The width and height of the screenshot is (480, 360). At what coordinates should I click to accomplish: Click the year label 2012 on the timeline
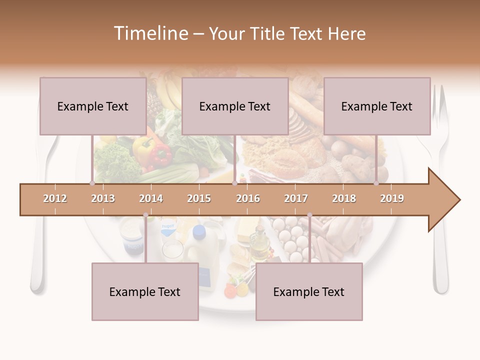[55, 198]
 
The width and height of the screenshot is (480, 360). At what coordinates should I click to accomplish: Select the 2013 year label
[103, 198]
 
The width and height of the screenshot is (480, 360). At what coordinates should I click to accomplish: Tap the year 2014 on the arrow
[151, 198]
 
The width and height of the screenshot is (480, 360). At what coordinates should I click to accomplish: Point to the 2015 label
[199, 198]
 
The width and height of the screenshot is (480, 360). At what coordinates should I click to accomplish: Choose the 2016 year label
[248, 198]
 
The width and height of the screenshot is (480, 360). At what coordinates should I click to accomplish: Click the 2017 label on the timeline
[296, 198]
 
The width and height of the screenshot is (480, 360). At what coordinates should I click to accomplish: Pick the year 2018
[344, 198]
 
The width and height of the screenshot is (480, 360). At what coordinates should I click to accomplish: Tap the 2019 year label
[392, 198]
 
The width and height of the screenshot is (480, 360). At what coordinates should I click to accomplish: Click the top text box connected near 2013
[93, 106]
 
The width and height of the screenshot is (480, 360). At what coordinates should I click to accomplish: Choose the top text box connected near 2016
[235, 106]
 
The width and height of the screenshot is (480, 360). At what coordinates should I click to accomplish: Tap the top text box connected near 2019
[377, 106]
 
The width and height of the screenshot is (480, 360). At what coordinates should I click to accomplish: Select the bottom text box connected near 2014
[145, 291]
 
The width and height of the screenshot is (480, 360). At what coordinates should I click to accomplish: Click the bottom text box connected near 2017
[309, 291]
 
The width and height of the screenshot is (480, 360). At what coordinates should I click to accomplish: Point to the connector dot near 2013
[92, 183]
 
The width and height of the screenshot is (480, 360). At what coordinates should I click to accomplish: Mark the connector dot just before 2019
[376, 183]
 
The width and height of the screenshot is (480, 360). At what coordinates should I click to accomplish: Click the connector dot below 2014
[145, 215]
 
